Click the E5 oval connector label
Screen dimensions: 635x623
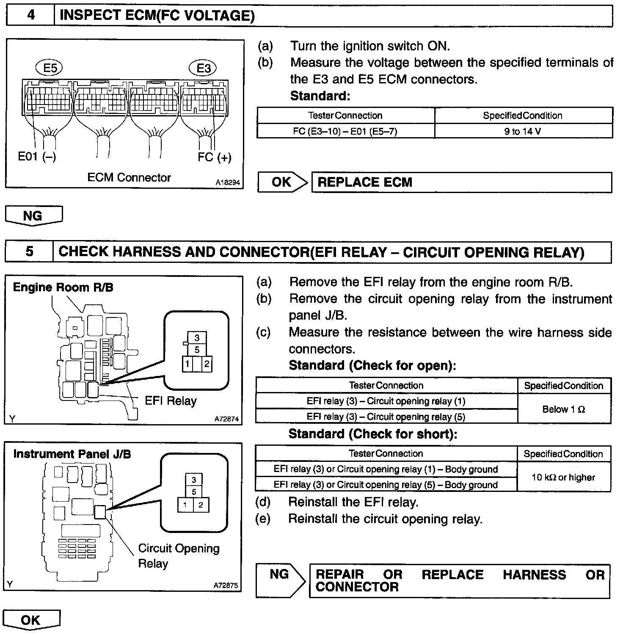coord(50,68)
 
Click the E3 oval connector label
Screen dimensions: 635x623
coord(204,68)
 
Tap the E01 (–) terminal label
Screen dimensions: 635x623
coord(37,157)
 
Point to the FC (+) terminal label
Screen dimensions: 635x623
coord(214,157)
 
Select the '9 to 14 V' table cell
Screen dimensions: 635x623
coord(523,131)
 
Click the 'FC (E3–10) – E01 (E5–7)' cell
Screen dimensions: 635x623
coord(345,131)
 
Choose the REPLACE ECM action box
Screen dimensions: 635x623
coord(461,182)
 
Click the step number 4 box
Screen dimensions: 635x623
coord(30,16)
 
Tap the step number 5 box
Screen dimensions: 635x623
coord(29,251)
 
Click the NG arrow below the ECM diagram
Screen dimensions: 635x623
coord(33,215)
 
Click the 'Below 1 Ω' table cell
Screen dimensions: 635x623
coord(564,409)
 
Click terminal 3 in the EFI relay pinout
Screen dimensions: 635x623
coord(197,338)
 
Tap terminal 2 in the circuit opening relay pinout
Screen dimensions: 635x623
coord(201,505)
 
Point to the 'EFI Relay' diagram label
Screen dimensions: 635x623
coord(171,401)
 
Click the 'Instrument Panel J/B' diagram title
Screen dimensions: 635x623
coord(72,454)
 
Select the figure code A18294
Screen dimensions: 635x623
coord(227,183)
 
